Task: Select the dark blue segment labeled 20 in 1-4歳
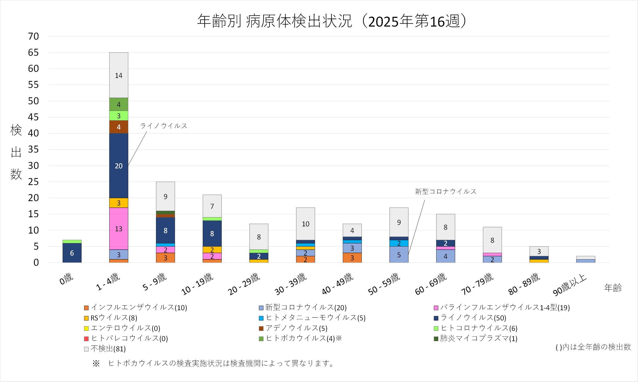[119, 166]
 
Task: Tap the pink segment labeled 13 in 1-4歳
[119, 229]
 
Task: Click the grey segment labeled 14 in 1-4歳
[119, 75]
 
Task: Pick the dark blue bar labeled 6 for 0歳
[72, 253]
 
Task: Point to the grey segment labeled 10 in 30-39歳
[306, 224]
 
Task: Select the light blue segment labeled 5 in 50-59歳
[399, 255]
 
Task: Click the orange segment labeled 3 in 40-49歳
[352, 258]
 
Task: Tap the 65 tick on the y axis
[33, 53]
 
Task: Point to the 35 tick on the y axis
[33, 149]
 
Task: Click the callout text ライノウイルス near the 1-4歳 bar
[164, 126]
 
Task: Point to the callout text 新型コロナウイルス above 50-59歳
[446, 192]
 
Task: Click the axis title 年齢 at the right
[613, 288]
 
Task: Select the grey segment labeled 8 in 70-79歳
[492, 240]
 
